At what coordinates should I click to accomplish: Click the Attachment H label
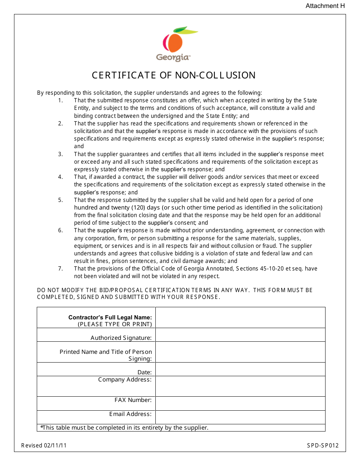click(x=322, y=6)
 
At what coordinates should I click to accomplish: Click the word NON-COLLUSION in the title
click(x=215, y=75)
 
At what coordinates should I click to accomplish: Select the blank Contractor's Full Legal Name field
click(x=240, y=317)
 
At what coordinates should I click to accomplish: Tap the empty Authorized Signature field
click(x=240, y=335)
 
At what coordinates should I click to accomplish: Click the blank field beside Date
click(x=240, y=369)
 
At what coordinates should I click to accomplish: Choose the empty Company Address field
click(x=240, y=386)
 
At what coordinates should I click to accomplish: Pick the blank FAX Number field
click(x=240, y=403)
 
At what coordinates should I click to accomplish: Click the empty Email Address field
click(x=240, y=417)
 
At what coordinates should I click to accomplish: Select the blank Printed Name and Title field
click(x=240, y=352)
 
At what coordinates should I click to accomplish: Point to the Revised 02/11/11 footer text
click(x=44, y=446)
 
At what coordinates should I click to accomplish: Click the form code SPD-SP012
click(x=323, y=446)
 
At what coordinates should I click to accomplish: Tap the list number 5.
click(x=60, y=200)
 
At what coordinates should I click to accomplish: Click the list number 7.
click(x=60, y=269)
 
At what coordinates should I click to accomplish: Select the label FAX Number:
click(x=133, y=400)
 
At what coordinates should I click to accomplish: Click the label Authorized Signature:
click(x=121, y=338)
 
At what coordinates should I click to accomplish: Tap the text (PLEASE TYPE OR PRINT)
click(x=115, y=324)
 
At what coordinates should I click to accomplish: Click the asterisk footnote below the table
click(x=125, y=428)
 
